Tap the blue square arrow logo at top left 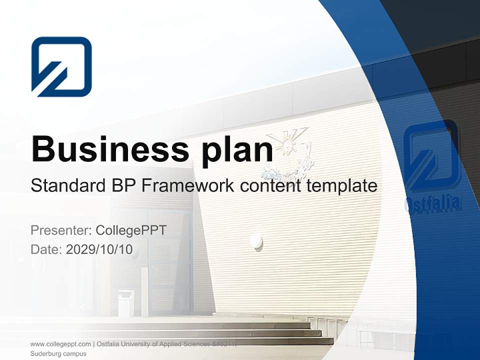61,66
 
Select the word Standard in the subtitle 66,185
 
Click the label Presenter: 60,230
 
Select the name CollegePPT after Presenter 131,230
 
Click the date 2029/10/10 99,249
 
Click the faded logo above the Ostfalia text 431,154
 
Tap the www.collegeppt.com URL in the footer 60,344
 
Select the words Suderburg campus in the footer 58,353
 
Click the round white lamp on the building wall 256,242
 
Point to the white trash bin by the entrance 125,302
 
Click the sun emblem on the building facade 287,142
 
